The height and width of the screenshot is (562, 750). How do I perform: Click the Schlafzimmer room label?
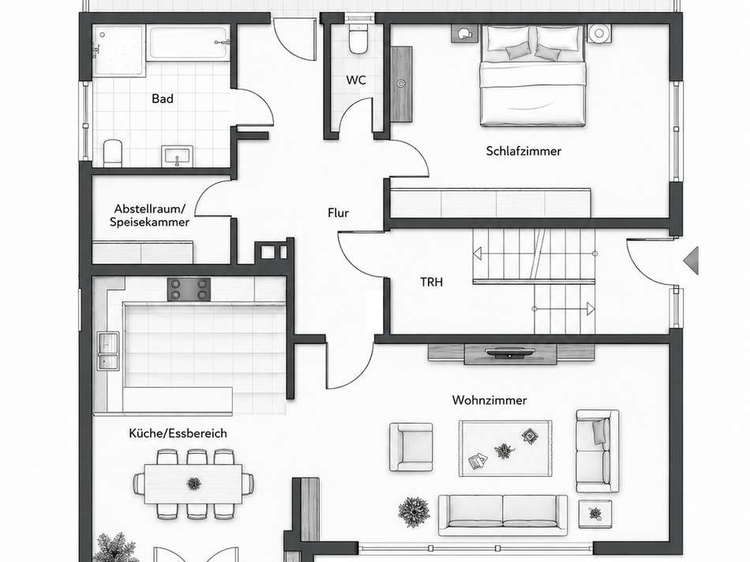(523, 151)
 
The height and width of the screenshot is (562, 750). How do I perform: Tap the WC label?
(356, 80)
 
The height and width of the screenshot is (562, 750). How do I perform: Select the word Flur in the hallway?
(338, 213)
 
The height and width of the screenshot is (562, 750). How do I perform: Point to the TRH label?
(431, 283)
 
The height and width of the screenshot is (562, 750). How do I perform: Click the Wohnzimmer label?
(489, 400)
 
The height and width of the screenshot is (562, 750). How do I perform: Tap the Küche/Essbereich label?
(178, 433)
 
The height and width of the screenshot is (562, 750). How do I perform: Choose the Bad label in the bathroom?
(163, 99)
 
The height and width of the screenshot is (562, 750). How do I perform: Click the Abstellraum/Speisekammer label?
(149, 215)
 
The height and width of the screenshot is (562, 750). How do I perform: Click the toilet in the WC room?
(358, 39)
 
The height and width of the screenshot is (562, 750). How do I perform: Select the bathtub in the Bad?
(188, 43)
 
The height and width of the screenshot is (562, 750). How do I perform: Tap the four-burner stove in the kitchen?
(189, 290)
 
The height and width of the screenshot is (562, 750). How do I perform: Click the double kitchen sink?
(107, 350)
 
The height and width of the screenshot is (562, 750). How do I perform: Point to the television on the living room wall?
(510, 354)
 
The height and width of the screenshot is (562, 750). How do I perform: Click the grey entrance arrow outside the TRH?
(692, 260)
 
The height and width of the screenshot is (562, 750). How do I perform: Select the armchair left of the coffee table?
(411, 447)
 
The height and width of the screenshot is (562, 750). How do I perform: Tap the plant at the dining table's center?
(193, 483)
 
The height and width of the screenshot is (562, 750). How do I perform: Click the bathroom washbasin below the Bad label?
(177, 156)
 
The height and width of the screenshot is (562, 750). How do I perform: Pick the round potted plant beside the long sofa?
(414, 511)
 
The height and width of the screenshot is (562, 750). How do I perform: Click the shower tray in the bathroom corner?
(118, 51)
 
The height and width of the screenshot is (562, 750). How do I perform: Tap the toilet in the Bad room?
(113, 153)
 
